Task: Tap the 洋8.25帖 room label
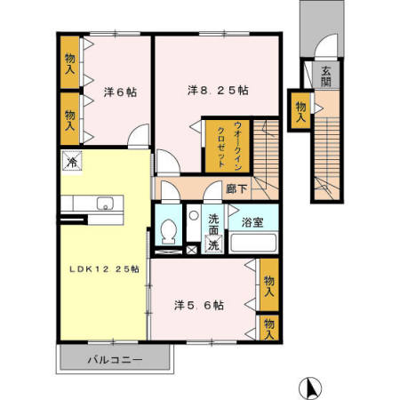pos(217,90)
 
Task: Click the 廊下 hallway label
pos(236,188)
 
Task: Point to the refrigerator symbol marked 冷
pos(70,163)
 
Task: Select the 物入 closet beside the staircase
pos(301,110)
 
